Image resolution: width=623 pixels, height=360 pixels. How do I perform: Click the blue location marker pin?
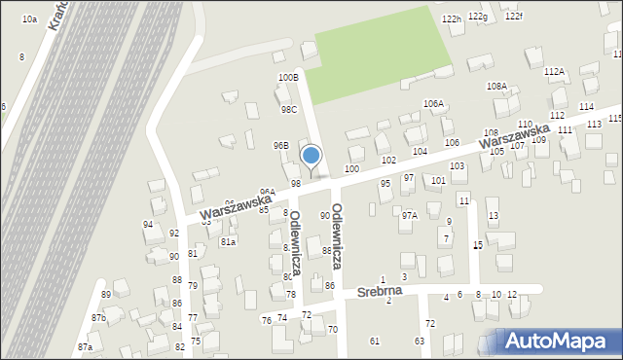coord(311,157)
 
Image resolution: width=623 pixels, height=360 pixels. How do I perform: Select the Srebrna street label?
coord(379,291)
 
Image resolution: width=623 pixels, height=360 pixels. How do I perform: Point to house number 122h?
coord(451,19)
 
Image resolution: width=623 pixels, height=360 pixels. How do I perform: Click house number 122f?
coord(513,17)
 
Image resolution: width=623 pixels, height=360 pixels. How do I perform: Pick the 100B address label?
coord(288,77)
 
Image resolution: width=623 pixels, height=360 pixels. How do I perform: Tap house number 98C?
coord(289,110)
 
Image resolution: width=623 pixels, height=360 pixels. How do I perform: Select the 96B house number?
coord(280,145)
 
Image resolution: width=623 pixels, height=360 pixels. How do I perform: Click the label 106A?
coord(433,103)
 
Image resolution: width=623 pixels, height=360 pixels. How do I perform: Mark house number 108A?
coord(496,86)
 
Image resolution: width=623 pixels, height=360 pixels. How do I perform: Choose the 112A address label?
coord(554,71)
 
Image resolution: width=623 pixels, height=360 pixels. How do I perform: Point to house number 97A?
coord(409,215)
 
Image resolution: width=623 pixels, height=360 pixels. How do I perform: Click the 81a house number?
coord(228,240)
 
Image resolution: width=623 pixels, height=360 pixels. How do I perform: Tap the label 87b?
coord(98,317)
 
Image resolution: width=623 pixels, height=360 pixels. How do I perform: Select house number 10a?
coord(29,18)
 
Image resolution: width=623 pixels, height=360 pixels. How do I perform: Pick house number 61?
coord(375,341)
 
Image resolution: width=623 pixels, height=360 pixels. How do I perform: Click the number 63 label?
coord(420,341)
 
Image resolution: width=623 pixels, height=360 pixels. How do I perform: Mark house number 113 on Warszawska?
coord(594,125)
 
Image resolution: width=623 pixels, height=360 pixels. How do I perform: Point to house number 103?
coord(457,166)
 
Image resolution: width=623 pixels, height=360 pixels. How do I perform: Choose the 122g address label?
coord(477,17)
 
